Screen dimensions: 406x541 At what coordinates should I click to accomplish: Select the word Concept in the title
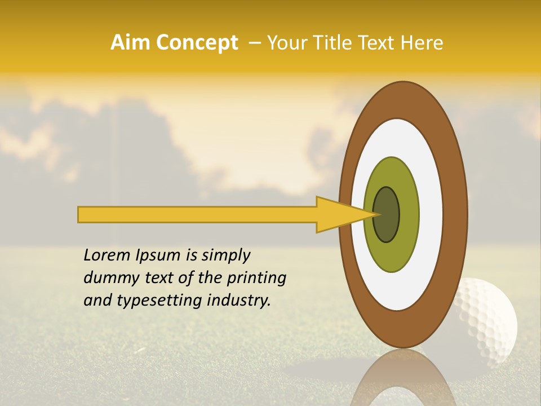point(197,43)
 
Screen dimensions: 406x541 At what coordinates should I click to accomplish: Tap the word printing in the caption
point(256,278)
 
